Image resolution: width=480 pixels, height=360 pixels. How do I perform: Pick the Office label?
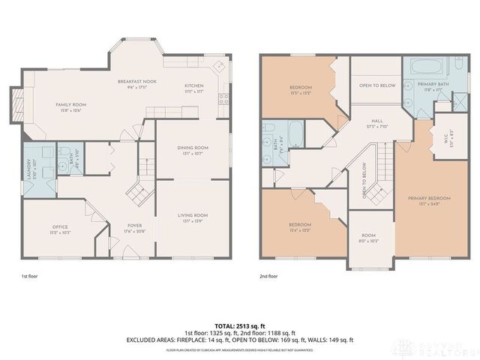[61, 229]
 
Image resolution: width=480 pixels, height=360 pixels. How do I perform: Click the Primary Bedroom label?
[429, 200]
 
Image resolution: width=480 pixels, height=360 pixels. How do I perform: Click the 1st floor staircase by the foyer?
[137, 193]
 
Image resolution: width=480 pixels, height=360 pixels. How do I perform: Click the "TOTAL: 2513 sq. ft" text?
[240, 327]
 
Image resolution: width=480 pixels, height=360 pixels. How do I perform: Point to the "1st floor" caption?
[29, 276]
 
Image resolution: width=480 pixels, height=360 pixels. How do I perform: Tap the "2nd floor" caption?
[268, 276]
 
